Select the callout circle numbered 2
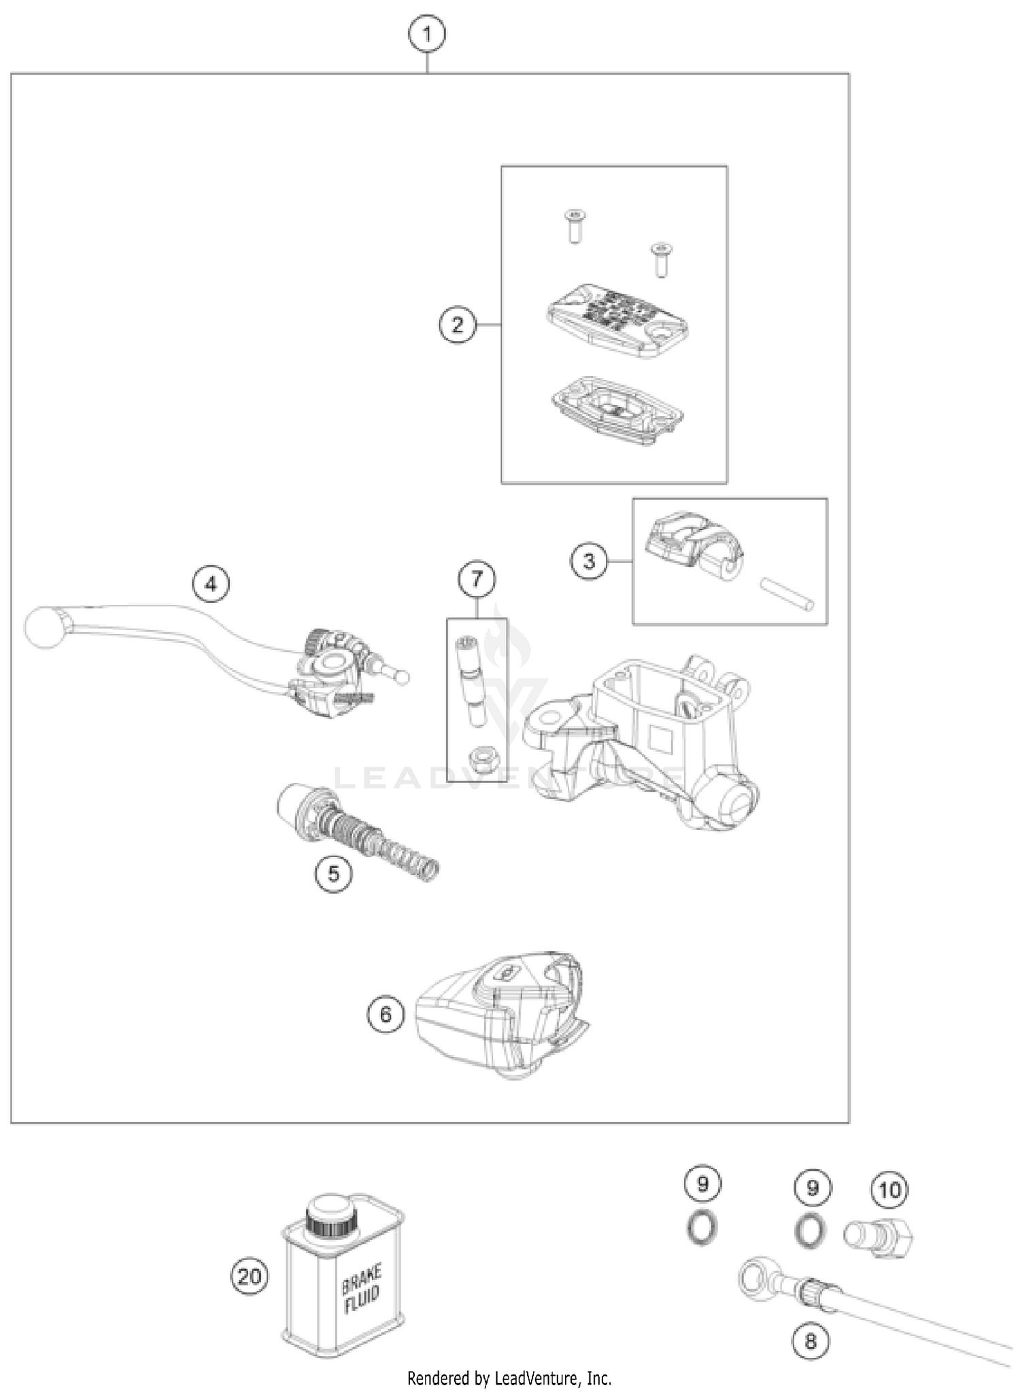click(457, 325)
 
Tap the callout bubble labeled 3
click(589, 561)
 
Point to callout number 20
click(249, 1276)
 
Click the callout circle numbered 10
click(889, 1190)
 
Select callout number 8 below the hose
click(811, 1341)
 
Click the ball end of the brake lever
click(45, 627)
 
